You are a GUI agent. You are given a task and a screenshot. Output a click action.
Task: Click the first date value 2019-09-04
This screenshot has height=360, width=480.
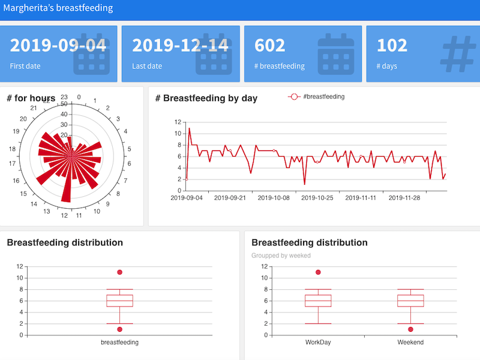pyautogui.click(x=58, y=46)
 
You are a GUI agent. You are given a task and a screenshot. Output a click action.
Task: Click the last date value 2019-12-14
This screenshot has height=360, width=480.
pyautogui.click(x=180, y=46)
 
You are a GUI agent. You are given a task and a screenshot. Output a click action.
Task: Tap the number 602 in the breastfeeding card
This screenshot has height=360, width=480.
pyautogui.click(x=270, y=46)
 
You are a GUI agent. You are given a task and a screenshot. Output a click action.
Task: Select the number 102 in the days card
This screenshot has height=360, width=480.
pyautogui.click(x=392, y=46)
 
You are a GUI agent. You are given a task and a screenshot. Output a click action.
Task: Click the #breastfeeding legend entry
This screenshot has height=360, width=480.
pyautogui.click(x=316, y=97)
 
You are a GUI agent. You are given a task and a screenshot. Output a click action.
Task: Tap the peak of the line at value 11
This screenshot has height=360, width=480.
pyautogui.click(x=190, y=128)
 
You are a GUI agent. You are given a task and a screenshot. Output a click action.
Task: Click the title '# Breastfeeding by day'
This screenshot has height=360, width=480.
pyautogui.click(x=206, y=98)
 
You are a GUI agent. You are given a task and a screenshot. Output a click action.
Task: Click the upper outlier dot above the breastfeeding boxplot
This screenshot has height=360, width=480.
pyautogui.click(x=119, y=272)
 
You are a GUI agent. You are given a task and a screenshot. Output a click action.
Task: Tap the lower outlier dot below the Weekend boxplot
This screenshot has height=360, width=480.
pyautogui.click(x=410, y=329)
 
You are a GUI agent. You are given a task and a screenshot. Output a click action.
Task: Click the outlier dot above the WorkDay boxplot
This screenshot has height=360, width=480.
pyautogui.click(x=318, y=272)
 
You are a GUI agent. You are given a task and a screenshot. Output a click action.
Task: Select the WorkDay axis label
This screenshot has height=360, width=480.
pyautogui.click(x=318, y=343)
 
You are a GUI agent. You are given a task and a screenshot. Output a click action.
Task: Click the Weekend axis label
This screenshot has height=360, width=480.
pyautogui.click(x=410, y=343)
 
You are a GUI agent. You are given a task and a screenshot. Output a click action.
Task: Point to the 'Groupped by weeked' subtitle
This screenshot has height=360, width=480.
pyautogui.click(x=281, y=256)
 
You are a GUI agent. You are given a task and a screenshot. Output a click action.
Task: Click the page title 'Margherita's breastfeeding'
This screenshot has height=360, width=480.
pyautogui.click(x=58, y=8)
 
